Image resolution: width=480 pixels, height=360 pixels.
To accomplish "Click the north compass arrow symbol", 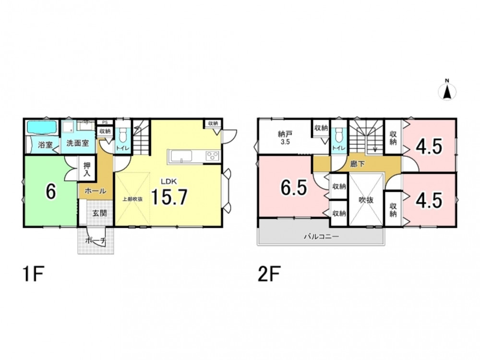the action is tap(447, 91).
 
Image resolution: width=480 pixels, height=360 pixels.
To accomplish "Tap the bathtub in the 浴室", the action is tap(42, 127).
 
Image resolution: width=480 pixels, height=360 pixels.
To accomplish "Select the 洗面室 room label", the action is tap(78, 143).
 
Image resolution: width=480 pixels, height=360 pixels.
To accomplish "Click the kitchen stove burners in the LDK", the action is tap(212, 156).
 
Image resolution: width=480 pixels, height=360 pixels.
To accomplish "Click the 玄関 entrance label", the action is tap(99, 213).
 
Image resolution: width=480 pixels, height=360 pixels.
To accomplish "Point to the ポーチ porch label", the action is tap(95, 241).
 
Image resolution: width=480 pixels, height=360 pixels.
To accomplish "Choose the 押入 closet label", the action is tap(87, 169).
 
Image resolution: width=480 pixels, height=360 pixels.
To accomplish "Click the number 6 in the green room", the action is tap(51, 192).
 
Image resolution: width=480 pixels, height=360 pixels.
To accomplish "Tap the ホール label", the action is tap(95, 191).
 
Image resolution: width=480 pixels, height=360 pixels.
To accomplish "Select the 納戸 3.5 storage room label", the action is tap(285, 137).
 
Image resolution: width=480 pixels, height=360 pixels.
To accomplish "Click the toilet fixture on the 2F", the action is tap(338, 135).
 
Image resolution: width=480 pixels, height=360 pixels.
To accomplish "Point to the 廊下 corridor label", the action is tap(358, 164).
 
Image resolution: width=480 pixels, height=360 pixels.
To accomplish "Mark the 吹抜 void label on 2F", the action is tap(366, 200).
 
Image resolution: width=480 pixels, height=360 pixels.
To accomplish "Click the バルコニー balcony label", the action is tap(321, 236).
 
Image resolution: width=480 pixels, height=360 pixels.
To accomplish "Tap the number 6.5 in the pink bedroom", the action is tap(294, 188).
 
